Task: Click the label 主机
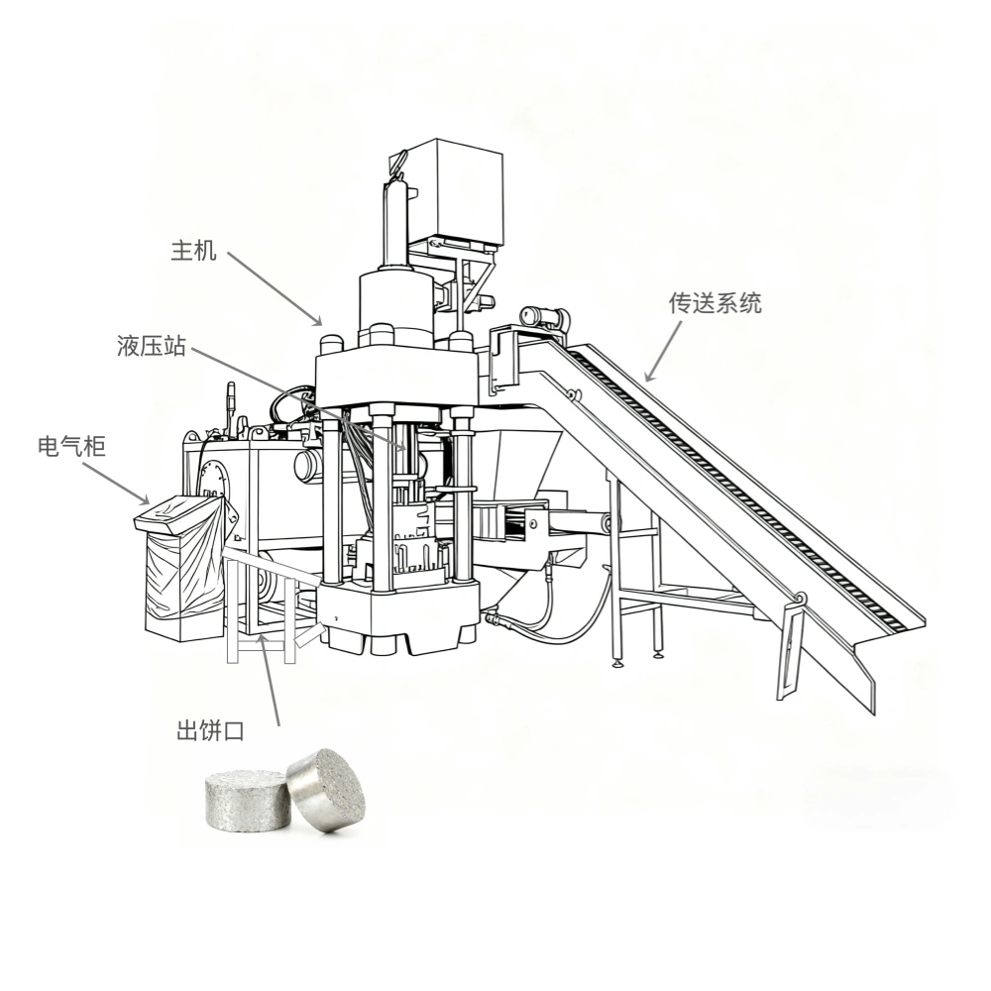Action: tap(193, 251)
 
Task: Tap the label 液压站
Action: tap(151, 346)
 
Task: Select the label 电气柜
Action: tap(71, 446)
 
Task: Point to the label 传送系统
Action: tap(715, 303)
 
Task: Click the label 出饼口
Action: tap(210, 731)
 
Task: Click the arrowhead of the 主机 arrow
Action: tap(317, 320)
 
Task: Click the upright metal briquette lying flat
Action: tap(248, 800)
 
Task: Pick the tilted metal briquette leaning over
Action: tap(327, 790)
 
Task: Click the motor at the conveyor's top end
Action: tap(545, 316)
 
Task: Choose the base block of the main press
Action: tap(398, 616)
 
